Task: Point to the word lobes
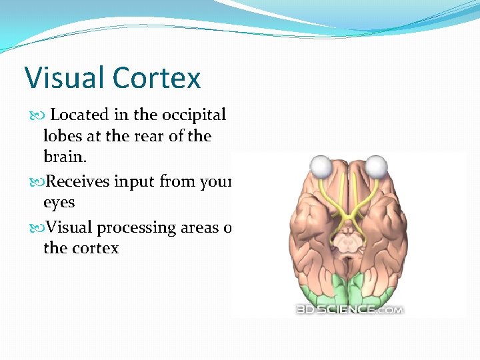(x=63, y=136)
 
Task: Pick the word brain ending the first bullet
(x=63, y=157)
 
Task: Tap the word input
(x=141, y=182)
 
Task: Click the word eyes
(x=59, y=203)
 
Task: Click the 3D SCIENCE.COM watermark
(x=349, y=308)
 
